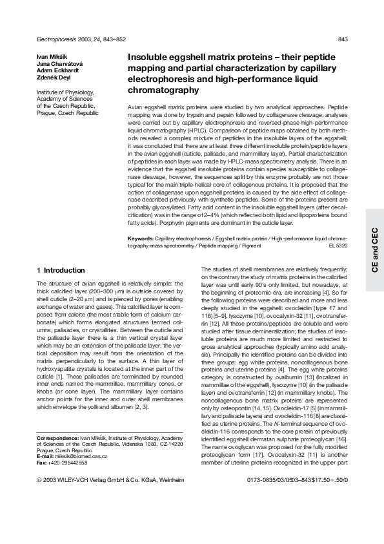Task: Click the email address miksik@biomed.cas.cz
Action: tap(76, 455)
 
